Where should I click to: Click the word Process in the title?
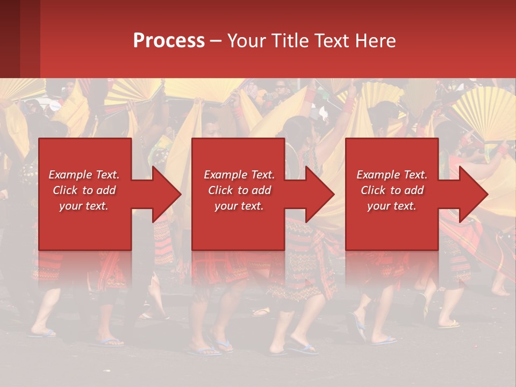169,41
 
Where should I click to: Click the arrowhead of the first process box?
167,194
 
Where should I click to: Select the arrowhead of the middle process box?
320,194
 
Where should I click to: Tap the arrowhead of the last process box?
473,194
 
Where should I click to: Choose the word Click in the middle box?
220,190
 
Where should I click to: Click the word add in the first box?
106,190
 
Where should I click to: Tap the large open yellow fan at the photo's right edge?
484,113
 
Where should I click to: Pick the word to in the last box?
396,190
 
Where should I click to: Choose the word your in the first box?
70,206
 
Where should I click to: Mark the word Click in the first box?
65,190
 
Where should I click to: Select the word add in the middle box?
261,190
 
